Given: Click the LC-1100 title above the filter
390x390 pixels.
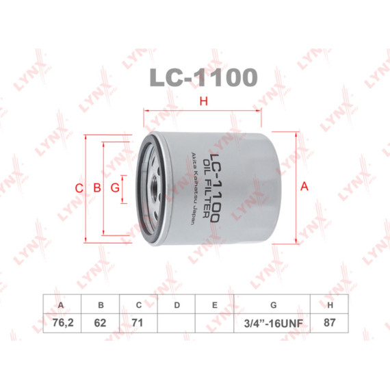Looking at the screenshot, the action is (x=203, y=77).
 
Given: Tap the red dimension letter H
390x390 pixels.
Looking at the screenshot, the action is (x=204, y=101).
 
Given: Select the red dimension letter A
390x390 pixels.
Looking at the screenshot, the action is (x=304, y=186).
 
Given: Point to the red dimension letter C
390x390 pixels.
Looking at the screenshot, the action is (x=79, y=188).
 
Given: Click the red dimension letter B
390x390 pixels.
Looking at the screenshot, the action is (x=97, y=187).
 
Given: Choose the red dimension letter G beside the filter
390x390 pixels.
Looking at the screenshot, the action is (x=115, y=187).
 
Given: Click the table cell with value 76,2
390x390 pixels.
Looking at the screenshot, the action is (x=62, y=323).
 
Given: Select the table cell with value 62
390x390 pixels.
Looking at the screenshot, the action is (x=100, y=323).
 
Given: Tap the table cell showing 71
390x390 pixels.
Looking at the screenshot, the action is (x=138, y=323).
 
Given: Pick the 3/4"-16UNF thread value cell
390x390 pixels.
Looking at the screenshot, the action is (x=272, y=323).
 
